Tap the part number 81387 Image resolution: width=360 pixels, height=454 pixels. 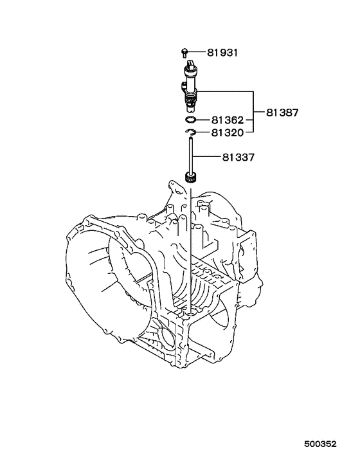click(x=283, y=113)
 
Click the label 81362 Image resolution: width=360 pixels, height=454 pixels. click(x=226, y=120)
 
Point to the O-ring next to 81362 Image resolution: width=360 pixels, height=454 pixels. click(x=191, y=120)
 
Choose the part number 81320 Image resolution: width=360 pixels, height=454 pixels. click(x=226, y=133)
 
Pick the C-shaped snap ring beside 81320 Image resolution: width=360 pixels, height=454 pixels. click(x=191, y=133)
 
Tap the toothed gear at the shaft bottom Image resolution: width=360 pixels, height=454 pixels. click(x=190, y=178)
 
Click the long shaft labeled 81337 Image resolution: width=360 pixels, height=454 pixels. click(x=190, y=154)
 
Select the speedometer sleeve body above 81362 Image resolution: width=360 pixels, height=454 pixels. click(x=191, y=87)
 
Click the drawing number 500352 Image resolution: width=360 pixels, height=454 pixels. click(x=321, y=444)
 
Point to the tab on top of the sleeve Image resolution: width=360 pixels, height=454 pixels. click(x=192, y=61)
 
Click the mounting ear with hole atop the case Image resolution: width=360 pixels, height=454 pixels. click(x=172, y=188)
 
